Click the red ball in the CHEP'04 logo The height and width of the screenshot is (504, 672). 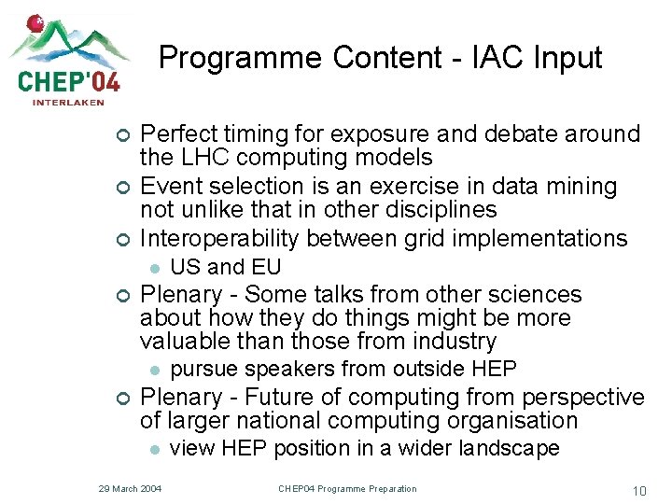point(36,21)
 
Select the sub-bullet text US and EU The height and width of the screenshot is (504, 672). point(226,268)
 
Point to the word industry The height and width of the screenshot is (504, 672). point(451,342)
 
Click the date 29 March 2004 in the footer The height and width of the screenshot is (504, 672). point(131,489)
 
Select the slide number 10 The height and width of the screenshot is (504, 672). point(639,490)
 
